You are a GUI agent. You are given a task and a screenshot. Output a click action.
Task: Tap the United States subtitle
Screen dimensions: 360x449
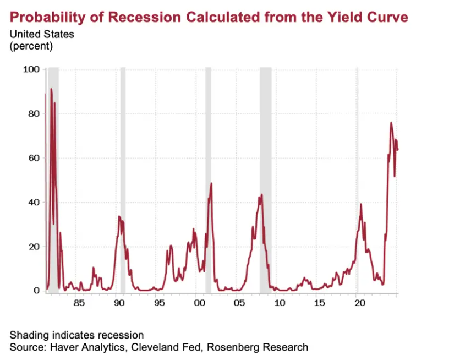(42, 34)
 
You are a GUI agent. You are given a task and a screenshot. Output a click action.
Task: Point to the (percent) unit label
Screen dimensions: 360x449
(31, 46)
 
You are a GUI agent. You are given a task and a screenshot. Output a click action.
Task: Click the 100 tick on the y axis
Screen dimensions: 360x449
(31, 69)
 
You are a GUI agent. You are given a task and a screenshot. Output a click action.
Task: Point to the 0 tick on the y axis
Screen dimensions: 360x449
(36, 291)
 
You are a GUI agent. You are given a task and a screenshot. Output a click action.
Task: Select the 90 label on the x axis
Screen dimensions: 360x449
(118, 303)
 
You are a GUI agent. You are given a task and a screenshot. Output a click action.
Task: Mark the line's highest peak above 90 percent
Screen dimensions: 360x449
(51, 89)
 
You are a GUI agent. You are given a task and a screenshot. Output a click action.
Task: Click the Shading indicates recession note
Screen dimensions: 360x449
(76, 335)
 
